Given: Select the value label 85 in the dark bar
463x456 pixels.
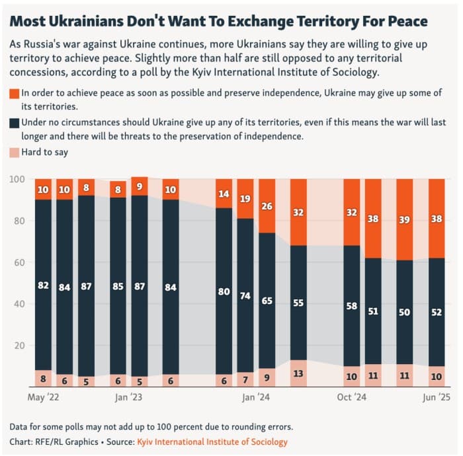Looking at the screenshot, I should pyautogui.click(x=118, y=287).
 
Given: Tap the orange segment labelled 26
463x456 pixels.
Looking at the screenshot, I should pyautogui.click(x=267, y=206).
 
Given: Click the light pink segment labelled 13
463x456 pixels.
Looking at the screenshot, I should pyautogui.click(x=298, y=374).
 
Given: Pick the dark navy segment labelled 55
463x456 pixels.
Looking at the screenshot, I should pyautogui.click(x=298, y=302).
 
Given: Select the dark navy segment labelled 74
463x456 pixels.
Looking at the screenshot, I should pyautogui.click(x=245, y=295).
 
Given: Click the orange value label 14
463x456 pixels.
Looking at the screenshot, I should pyautogui.click(x=224, y=194).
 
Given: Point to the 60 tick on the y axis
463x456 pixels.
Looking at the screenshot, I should pyautogui.click(x=19, y=262).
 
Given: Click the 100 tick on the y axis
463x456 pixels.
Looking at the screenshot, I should pyautogui.click(x=17, y=179).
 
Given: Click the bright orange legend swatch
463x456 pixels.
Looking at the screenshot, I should pyautogui.click(x=15, y=93).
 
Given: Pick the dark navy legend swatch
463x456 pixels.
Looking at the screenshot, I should pyautogui.click(x=15, y=123).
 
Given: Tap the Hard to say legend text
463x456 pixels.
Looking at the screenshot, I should pyautogui.click(x=46, y=153).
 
